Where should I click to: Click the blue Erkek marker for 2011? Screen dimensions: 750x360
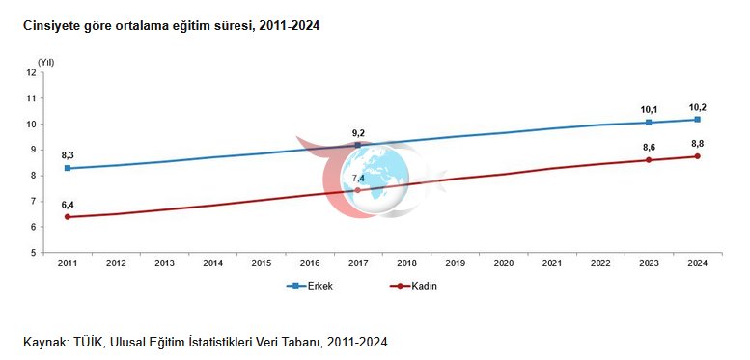click(x=68, y=168)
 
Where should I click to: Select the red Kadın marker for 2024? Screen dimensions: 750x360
click(x=697, y=156)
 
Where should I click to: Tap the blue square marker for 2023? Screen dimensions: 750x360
click(x=649, y=123)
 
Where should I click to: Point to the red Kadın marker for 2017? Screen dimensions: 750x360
click(x=357, y=190)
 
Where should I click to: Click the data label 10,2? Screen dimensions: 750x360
click(x=697, y=107)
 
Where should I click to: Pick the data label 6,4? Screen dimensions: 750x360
click(x=68, y=206)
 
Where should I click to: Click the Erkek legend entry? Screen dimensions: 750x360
click(x=310, y=286)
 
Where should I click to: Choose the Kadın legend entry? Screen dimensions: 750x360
click(x=414, y=286)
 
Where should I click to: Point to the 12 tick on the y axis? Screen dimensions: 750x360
click(x=32, y=72)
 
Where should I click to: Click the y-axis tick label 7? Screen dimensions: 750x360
click(x=34, y=202)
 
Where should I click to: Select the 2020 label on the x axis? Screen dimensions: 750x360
click(x=504, y=263)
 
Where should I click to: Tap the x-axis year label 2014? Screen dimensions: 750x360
click(x=213, y=263)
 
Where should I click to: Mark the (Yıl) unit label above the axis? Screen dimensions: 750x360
click(x=46, y=62)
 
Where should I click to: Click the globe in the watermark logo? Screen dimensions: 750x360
click(x=375, y=178)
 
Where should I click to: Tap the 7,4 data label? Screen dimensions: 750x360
click(x=358, y=179)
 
